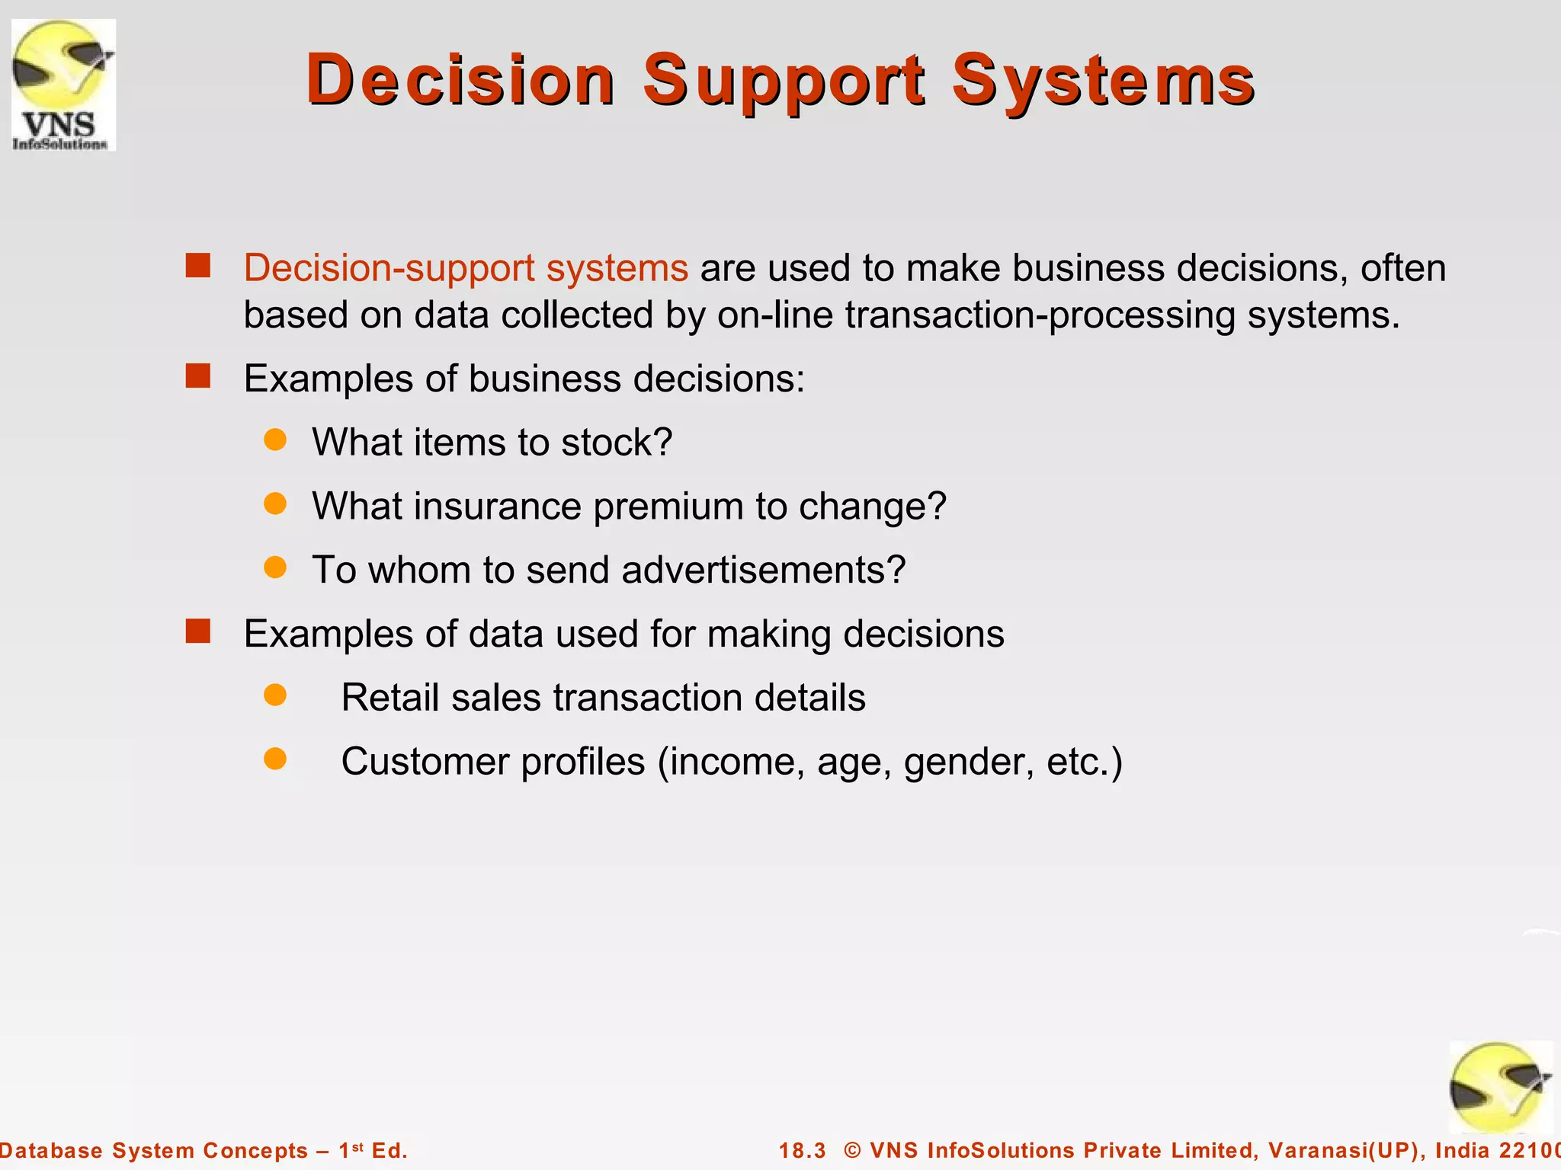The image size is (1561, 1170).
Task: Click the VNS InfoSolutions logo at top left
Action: click(x=63, y=85)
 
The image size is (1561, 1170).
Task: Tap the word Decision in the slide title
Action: click(x=460, y=81)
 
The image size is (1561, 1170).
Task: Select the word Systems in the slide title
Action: click(x=1102, y=81)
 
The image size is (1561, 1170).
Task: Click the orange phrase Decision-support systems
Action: click(x=466, y=268)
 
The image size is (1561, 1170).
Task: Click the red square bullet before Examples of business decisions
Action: click(x=198, y=376)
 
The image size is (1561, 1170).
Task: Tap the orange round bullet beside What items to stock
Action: click(x=274, y=440)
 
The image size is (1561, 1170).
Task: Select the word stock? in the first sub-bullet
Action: click(x=616, y=443)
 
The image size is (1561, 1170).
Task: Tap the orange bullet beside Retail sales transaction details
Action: click(x=274, y=695)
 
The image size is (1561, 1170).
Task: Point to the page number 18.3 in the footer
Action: click(x=802, y=1150)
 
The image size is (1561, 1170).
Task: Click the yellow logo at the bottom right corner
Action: click(x=1499, y=1088)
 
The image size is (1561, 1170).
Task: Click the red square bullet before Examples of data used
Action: click(x=198, y=631)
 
